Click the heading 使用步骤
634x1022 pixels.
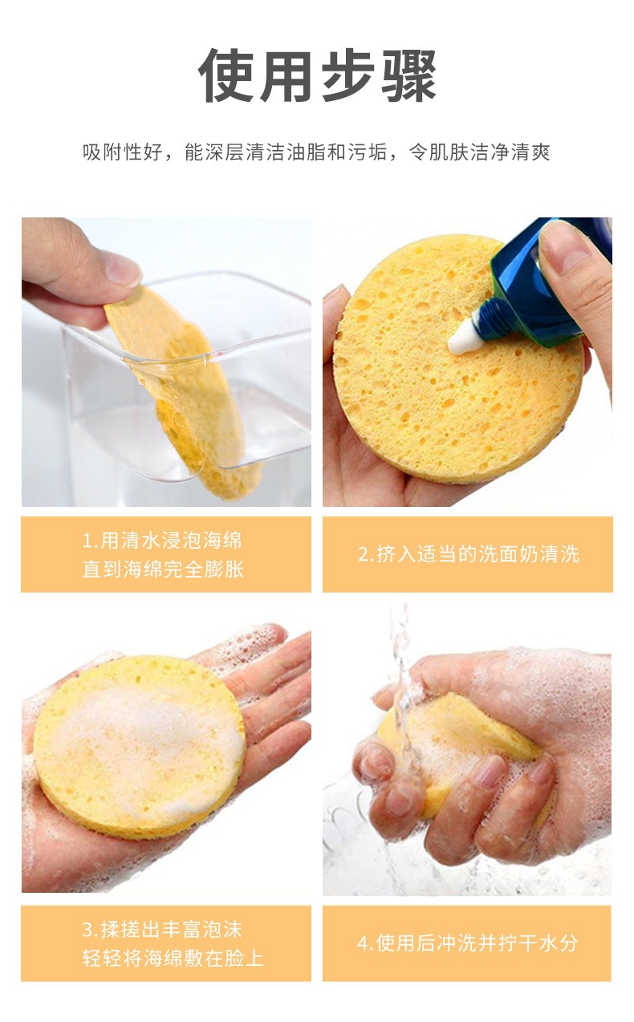pyautogui.click(x=317, y=75)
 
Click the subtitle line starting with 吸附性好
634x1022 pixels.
pyautogui.click(x=316, y=152)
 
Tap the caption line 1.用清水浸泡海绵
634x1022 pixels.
pyautogui.click(x=162, y=540)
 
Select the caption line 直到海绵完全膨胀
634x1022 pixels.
pyautogui.click(x=163, y=569)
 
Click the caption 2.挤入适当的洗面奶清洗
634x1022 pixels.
pyautogui.click(x=469, y=554)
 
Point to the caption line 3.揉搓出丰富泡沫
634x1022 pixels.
pyautogui.click(x=162, y=930)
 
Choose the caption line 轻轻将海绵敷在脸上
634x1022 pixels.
pyautogui.click(x=173, y=958)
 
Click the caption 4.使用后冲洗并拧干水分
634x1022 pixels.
pyautogui.click(x=467, y=943)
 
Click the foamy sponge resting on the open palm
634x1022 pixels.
pyautogui.click(x=139, y=748)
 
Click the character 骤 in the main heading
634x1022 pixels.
pyautogui.click(x=408, y=75)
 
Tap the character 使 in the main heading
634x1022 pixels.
pyautogui.click(x=226, y=75)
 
